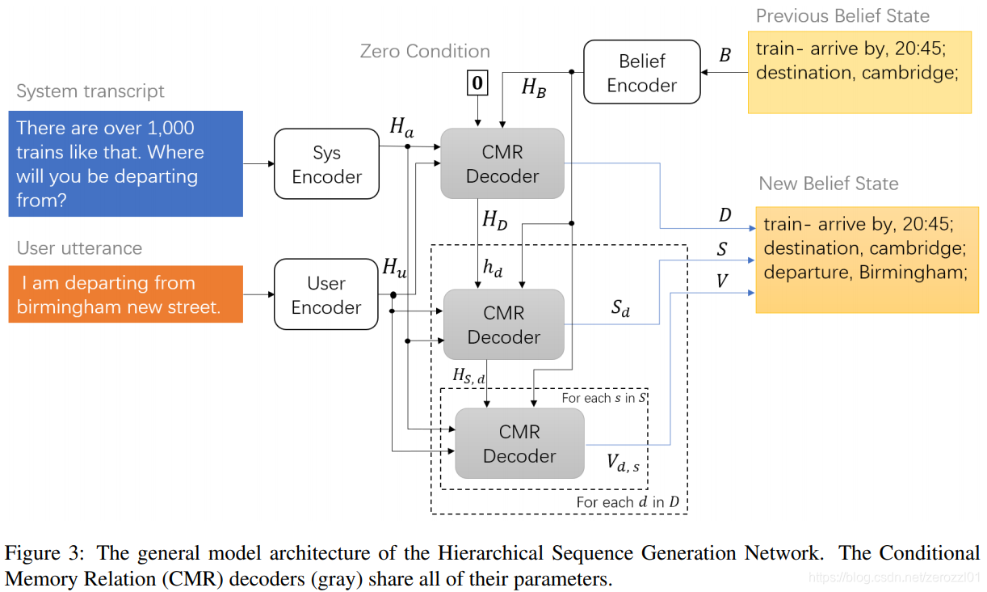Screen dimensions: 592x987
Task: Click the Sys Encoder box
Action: point(326,164)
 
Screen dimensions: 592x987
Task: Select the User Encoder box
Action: point(326,294)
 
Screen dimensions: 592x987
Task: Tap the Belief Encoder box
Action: point(642,73)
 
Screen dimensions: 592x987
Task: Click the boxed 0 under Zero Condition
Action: point(478,83)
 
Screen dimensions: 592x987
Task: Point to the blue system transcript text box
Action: point(125,163)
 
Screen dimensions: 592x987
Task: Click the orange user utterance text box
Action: point(125,294)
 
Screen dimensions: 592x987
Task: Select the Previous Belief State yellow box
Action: point(859,72)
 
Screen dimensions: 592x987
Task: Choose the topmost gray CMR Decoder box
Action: point(502,163)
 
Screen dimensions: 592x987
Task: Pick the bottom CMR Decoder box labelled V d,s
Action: point(519,443)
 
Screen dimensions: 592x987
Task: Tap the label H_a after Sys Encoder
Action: point(401,126)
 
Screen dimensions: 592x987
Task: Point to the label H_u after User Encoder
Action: point(395,267)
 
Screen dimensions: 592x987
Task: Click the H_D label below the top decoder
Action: point(494,219)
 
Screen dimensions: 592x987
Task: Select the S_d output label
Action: point(620,308)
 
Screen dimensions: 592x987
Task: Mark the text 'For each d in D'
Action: point(628,502)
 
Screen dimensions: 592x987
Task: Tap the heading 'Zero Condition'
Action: point(425,51)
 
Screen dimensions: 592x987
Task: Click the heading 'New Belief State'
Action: point(828,184)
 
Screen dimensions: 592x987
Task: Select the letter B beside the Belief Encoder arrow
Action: point(724,56)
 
